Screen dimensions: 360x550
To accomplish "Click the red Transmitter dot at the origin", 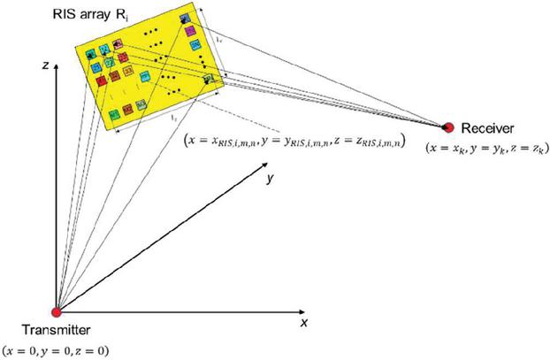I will [57, 312].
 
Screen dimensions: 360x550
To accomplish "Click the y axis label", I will [267, 178].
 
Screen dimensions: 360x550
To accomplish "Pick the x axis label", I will [302, 324].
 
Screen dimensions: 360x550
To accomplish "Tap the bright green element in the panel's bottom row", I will [114, 115].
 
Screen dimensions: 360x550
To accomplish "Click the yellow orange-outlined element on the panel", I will [128, 69].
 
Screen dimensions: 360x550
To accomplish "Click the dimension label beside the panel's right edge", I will [218, 40].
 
